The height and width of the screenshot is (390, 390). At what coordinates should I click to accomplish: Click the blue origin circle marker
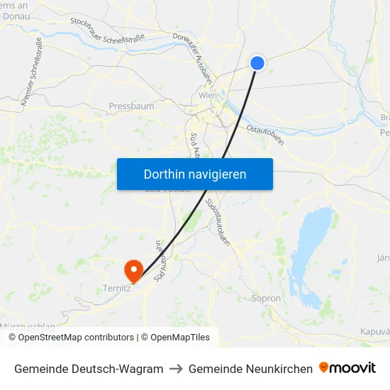click(x=257, y=63)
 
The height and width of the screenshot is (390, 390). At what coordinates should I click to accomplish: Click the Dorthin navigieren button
click(x=195, y=174)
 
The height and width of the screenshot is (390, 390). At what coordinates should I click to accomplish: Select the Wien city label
click(x=208, y=95)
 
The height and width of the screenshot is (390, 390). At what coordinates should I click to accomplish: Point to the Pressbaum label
click(x=131, y=106)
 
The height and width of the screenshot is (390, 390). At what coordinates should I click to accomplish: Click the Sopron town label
click(x=267, y=299)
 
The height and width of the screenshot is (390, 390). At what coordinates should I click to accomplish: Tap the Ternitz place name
click(x=117, y=289)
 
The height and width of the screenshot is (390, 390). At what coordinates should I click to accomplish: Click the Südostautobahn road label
click(x=218, y=222)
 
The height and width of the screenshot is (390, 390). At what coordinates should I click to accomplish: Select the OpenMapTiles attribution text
click(x=179, y=338)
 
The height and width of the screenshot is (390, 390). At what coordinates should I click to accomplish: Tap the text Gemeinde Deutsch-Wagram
click(x=89, y=369)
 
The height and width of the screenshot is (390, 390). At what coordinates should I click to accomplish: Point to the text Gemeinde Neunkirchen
click(x=250, y=369)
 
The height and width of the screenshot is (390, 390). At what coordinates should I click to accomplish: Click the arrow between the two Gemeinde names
click(x=176, y=369)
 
